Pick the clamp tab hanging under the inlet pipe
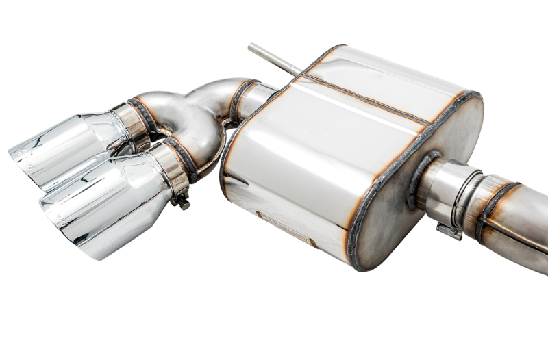point(449,231)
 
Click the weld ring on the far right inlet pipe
point(493,209)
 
